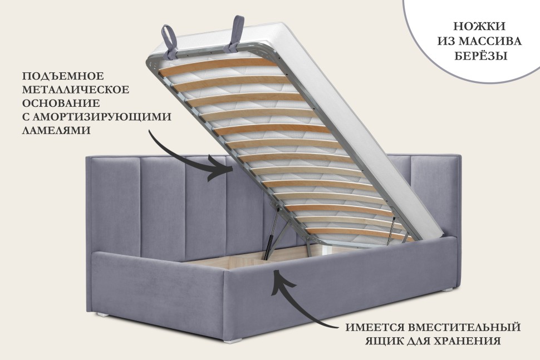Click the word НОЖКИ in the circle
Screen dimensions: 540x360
click(x=479, y=26)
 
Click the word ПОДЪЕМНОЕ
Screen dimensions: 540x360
click(x=63, y=76)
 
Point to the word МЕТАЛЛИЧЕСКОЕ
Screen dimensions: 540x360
click(x=76, y=90)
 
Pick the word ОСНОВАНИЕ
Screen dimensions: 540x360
click(x=61, y=103)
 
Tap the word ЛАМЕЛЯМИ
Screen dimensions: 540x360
click(x=56, y=130)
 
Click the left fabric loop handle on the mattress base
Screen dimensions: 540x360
click(x=170, y=38)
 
